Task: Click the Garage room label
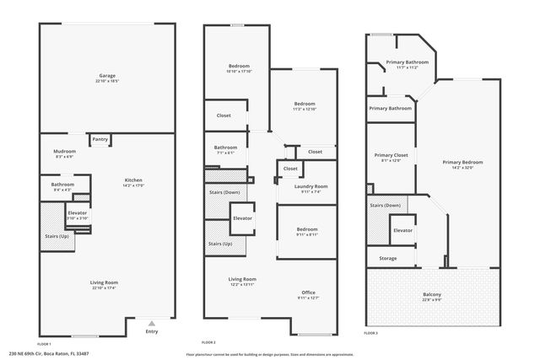(x=106, y=76)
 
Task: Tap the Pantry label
(x=100, y=139)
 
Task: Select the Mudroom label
(x=65, y=151)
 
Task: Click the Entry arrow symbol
(x=151, y=323)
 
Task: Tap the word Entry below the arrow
(x=151, y=331)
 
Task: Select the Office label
(x=308, y=292)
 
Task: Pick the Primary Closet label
(x=391, y=155)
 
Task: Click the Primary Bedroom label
(x=462, y=162)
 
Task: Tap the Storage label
(x=387, y=258)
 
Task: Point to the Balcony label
(x=431, y=294)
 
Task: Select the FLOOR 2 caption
(x=208, y=342)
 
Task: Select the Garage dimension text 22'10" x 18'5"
(x=106, y=82)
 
